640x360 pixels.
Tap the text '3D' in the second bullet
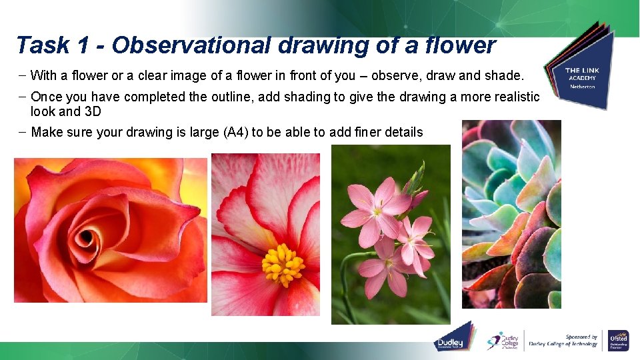(93, 111)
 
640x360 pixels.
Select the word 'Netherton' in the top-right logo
(582, 87)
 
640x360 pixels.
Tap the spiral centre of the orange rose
(87, 237)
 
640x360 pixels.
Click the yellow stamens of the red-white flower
(283, 265)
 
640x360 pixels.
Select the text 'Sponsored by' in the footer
(581, 337)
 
